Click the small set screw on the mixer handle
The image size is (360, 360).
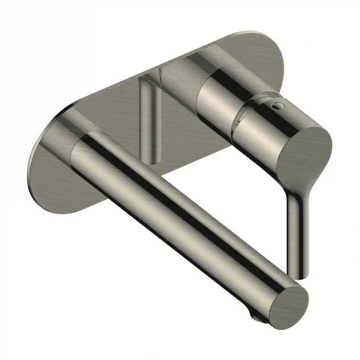pos(278,105)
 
